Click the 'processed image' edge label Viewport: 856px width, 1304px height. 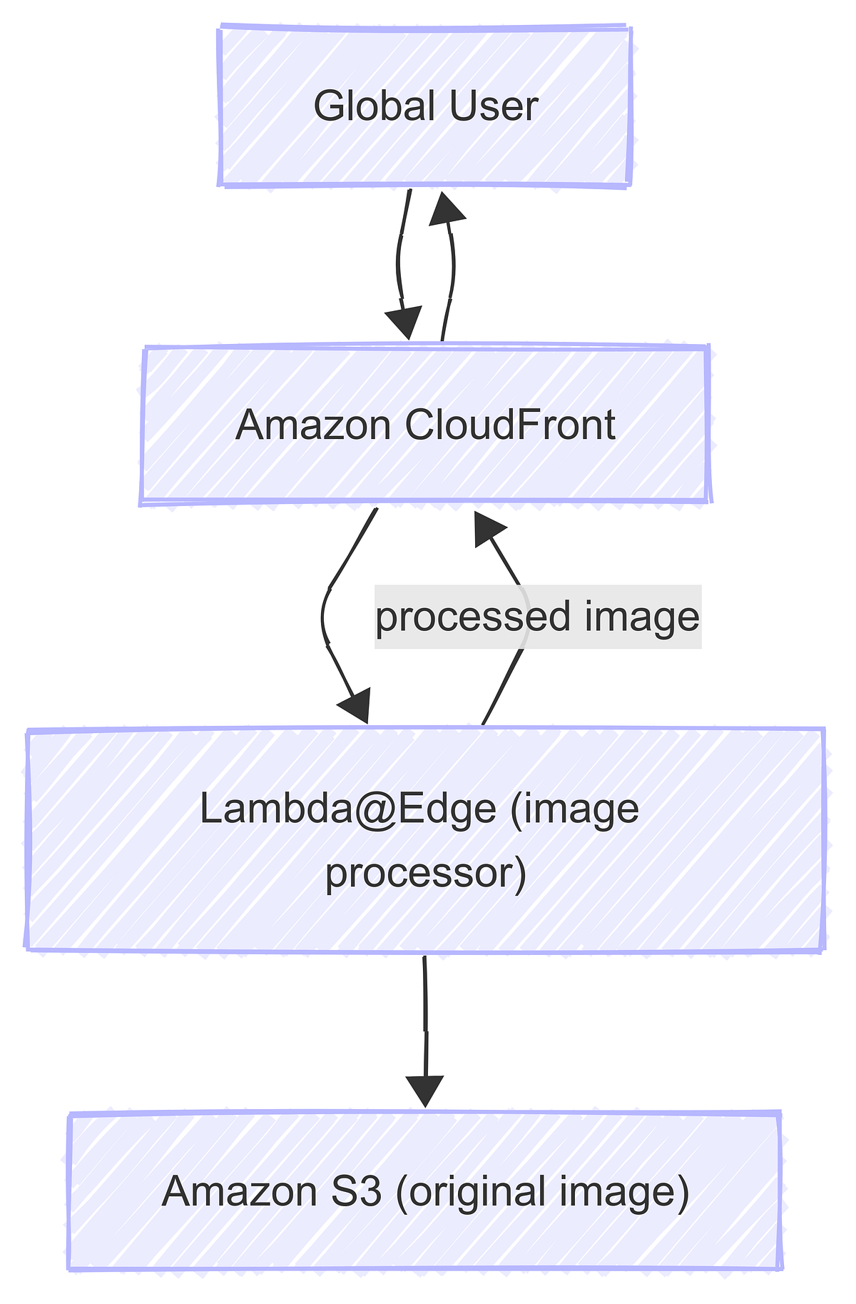tap(538, 617)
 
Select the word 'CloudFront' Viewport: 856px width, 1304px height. tap(509, 425)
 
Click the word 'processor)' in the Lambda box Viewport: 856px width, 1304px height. tap(426, 872)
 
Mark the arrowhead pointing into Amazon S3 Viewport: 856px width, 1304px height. tap(425, 1091)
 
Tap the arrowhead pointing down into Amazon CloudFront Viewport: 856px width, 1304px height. tap(404, 323)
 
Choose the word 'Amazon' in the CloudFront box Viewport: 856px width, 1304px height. tap(312, 425)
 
